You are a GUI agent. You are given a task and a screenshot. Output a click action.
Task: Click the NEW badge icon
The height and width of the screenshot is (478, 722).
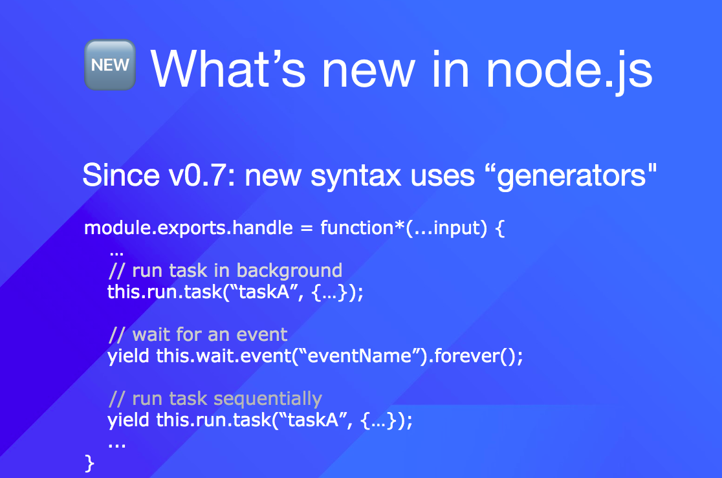(x=110, y=65)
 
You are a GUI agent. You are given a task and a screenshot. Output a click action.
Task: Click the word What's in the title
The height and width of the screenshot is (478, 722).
(x=228, y=70)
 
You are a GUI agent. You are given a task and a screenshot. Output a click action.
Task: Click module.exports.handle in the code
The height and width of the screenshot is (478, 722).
(x=188, y=228)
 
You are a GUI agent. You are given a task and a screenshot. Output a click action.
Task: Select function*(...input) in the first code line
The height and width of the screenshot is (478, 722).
(x=404, y=228)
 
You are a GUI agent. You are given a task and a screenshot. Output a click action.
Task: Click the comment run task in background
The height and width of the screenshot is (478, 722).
(x=226, y=271)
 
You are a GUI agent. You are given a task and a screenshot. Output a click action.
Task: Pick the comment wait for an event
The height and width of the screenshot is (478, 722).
(x=198, y=335)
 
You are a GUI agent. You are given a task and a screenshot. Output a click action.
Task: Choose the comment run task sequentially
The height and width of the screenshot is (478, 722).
(x=215, y=399)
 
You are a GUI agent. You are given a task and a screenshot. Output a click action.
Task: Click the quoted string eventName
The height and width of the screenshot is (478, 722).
(x=360, y=356)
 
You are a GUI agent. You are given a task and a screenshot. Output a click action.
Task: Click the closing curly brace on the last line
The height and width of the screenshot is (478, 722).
(x=90, y=463)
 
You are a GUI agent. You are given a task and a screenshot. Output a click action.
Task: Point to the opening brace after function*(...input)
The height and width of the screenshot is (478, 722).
(x=500, y=228)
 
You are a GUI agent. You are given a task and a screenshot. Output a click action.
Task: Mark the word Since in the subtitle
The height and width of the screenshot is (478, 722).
(x=121, y=175)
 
